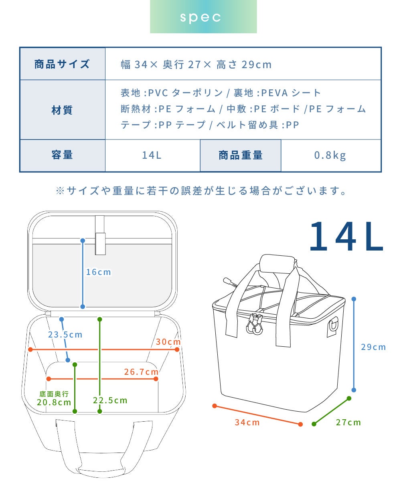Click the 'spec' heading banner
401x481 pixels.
pos(203,16)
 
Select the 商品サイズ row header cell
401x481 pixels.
pos(63,64)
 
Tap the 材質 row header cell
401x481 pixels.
pos(63,110)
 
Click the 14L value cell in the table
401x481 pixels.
pos(152,155)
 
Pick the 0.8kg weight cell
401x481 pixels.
pos(331,155)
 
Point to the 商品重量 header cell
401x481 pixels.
pos(241,155)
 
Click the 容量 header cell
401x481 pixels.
pos(63,155)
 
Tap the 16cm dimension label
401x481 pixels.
pos(98,272)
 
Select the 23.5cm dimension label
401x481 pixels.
pos(65,334)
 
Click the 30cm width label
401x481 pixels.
pos(168,342)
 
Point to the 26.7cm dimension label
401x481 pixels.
pos(141,372)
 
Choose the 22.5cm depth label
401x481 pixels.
pos(110,400)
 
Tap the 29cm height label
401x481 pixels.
pos(373,347)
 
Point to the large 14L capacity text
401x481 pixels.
pos(346,236)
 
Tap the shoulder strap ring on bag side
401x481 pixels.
pos(333,325)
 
